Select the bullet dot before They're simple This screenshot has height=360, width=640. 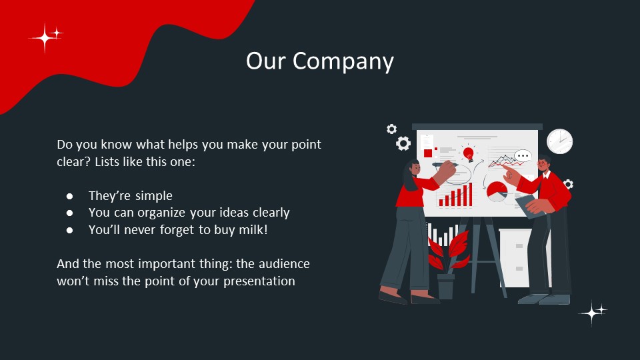[69, 196]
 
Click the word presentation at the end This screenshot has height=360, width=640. [256, 281]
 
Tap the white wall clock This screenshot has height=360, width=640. [559, 141]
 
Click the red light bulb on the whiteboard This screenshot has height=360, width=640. [468, 154]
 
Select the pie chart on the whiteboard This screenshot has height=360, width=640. [496, 191]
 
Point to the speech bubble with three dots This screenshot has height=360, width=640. [523, 157]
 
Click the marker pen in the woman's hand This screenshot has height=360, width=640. [444, 163]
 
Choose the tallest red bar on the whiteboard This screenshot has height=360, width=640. [470, 194]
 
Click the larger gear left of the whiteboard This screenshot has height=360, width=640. [403, 143]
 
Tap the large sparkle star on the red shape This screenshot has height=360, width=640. [44, 39]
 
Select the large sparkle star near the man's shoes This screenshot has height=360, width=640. [591, 313]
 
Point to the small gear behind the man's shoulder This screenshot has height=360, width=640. [568, 183]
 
